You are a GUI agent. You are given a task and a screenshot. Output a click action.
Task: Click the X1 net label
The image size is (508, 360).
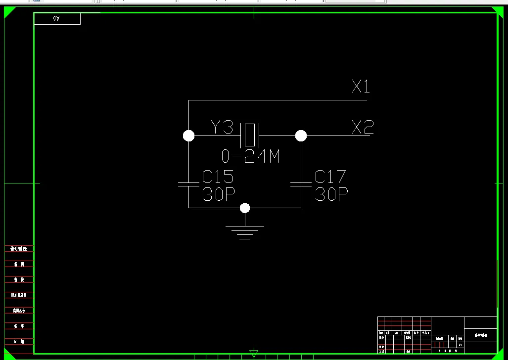(x=361, y=87)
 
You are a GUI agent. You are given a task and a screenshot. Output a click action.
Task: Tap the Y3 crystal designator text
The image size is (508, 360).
(x=222, y=127)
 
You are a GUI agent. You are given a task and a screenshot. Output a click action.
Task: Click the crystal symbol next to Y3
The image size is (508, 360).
(x=250, y=135)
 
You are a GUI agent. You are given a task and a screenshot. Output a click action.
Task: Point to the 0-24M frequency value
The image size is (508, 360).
(x=250, y=157)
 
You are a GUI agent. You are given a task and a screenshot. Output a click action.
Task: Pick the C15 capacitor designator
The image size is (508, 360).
(x=218, y=177)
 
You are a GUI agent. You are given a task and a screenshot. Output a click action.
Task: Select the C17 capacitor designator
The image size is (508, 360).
(x=330, y=177)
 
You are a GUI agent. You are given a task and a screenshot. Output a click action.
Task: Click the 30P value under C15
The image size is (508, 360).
(x=218, y=194)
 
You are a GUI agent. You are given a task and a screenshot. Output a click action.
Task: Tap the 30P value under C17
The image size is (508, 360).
(x=331, y=194)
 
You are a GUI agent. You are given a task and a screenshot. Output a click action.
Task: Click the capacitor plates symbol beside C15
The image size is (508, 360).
(x=188, y=184)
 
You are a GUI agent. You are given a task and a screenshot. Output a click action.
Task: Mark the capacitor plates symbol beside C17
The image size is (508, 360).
(x=301, y=184)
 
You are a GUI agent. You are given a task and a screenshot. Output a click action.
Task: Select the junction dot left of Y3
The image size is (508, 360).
(x=188, y=135)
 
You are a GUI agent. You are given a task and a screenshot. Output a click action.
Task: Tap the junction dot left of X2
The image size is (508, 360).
(x=301, y=135)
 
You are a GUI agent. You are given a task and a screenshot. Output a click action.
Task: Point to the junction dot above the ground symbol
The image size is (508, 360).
(x=245, y=208)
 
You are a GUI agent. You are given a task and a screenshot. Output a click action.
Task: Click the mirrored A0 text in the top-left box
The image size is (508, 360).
(x=56, y=19)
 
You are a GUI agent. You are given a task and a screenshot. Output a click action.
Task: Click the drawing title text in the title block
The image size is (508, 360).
(x=480, y=335)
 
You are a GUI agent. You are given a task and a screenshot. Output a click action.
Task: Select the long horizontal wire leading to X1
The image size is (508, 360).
(x=277, y=100)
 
